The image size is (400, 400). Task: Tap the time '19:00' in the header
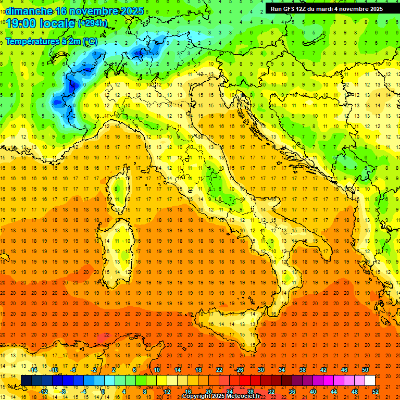pos(21,23)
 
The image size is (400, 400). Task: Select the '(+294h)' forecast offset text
pos(93,23)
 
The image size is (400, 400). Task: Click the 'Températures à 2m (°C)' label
pos(51,41)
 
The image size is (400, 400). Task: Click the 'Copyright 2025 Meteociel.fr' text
pos(221,396)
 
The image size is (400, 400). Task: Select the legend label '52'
pos(376,391)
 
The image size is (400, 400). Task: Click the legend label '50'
pos(365,370)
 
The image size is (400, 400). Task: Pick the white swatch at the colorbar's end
pos(370,380)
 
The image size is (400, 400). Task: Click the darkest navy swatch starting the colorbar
pos(26,380)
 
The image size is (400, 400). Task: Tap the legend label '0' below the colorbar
pos(104,391)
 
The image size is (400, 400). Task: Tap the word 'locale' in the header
pos(57,23)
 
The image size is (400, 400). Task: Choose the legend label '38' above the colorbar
pos(302,370)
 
